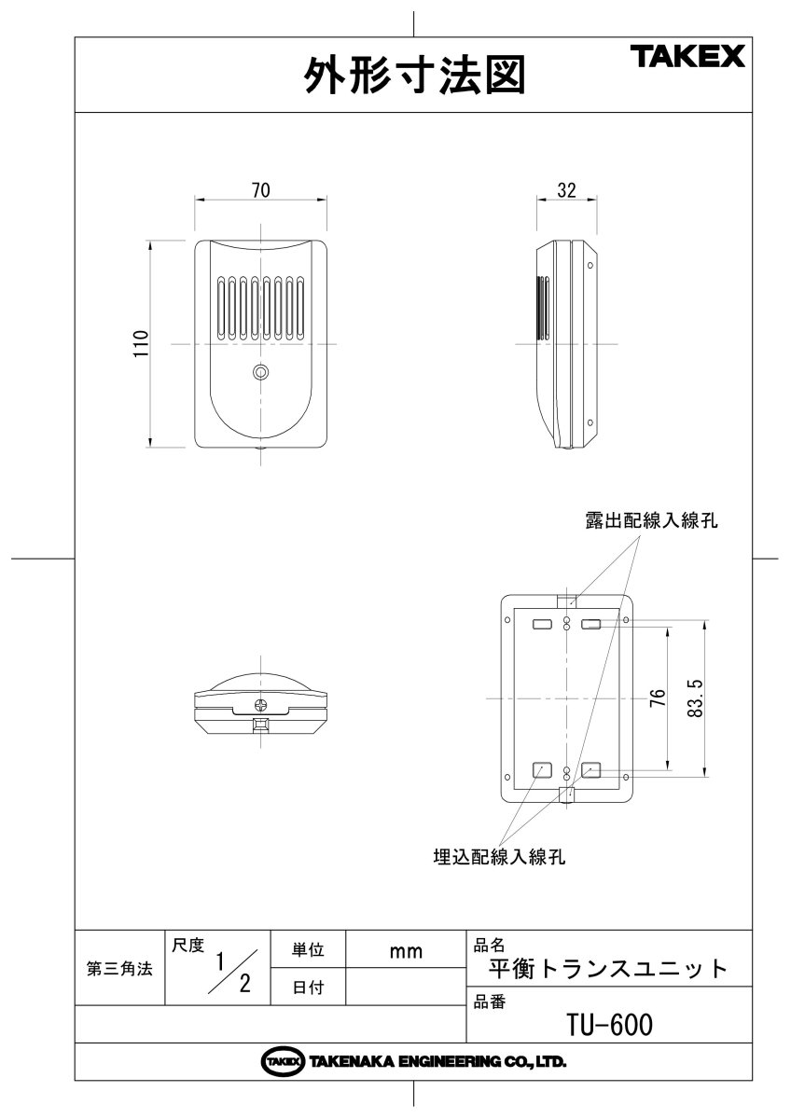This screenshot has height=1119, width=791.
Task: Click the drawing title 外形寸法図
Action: pos(414,76)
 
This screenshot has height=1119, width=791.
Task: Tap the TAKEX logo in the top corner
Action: pos(691,58)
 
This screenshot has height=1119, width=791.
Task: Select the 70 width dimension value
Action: pos(261,190)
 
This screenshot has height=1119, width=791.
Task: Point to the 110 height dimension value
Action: pos(141,345)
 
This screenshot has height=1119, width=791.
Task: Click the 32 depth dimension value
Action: pos(566,190)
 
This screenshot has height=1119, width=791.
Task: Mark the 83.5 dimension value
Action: pos(694,697)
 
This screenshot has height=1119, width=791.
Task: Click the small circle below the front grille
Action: pos(261,373)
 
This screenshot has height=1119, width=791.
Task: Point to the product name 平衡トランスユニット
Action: pos(608,969)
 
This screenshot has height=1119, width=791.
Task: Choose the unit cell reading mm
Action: pos(406,951)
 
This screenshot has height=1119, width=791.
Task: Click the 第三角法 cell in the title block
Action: pos(119,969)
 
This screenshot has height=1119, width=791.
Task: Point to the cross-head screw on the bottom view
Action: pos(262,706)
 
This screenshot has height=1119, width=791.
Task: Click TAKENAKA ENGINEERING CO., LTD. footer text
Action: pos(437,1062)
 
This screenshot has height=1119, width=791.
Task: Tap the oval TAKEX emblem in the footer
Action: pos(284,1062)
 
